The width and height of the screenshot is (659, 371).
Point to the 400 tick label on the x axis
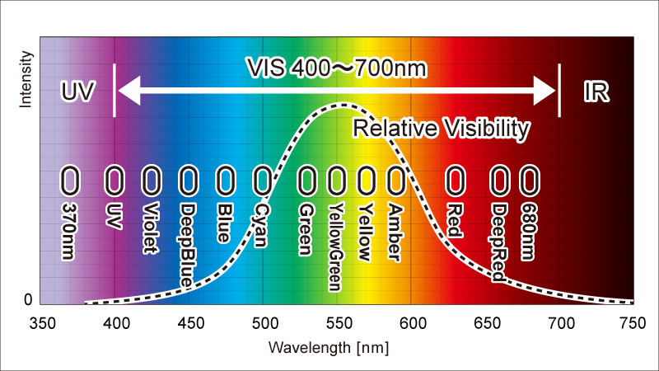[115, 322]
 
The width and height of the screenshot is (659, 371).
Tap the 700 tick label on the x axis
[560, 322]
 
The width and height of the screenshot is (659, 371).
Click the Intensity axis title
[26, 79]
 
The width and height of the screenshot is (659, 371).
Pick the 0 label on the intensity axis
[27, 299]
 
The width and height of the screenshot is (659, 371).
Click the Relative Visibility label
[441, 128]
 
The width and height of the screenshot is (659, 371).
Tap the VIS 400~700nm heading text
[337, 68]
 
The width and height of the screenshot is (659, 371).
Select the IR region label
[596, 92]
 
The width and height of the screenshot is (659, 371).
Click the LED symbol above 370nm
[72, 178]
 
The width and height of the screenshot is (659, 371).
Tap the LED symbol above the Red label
[455, 178]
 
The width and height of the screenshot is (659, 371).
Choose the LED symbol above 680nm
[529, 178]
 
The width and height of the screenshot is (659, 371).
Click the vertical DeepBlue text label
[187, 245]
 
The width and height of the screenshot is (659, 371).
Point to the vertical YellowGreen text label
[335, 247]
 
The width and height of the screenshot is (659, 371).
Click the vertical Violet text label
[150, 228]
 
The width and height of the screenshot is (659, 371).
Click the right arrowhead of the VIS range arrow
[549, 91]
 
